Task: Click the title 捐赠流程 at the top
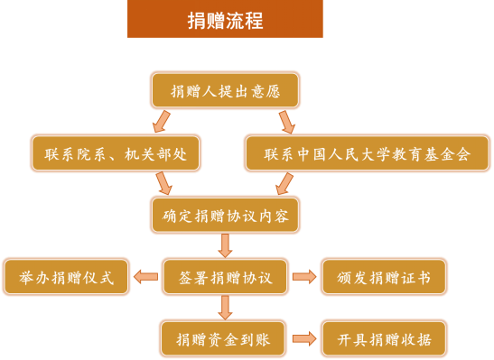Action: click(x=225, y=20)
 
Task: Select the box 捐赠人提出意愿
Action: click(x=224, y=90)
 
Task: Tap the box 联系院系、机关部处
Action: click(x=115, y=153)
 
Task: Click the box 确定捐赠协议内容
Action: click(x=224, y=215)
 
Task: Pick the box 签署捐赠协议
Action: click(x=224, y=277)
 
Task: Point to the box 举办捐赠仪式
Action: click(x=66, y=277)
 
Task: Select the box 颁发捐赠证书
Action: click(x=384, y=277)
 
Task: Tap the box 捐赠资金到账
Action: click(x=224, y=339)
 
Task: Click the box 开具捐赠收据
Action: click(x=384, y=339)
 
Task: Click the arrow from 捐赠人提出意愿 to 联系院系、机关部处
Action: click(x=161, y=122)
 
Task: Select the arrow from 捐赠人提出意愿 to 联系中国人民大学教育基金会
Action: click(x=286, y=122)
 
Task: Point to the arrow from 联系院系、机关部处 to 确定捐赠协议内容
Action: click(x=163, y=184)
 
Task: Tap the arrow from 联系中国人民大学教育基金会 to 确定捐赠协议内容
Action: click(x=284, y=184)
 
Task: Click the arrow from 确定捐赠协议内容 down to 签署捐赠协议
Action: click(x=225, y=245)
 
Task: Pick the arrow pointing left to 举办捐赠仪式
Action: click(x=145, y=277)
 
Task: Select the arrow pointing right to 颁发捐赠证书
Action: click(x=305, y=277)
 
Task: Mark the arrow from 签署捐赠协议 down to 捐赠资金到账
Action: click(x=225, y=308)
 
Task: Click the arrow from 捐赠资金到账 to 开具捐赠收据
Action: click(x=305, y=339)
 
